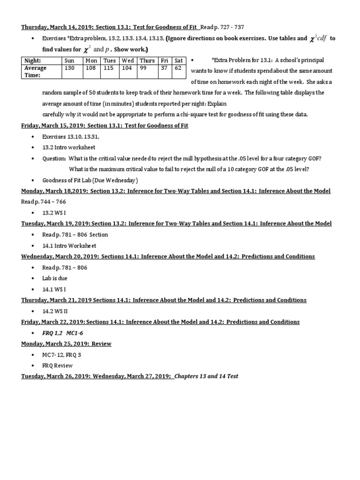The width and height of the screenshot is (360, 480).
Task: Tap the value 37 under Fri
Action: pos(164,68)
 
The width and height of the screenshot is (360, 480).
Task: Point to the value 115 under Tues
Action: pos(109,68)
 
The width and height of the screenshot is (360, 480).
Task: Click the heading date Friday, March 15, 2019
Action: pos(55,126)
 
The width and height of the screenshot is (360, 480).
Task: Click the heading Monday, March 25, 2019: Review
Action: pos(66,344)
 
